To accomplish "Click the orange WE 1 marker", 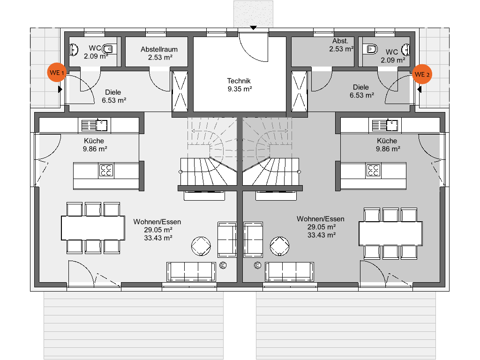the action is click(57, 73).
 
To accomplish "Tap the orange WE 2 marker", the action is click(422, 74).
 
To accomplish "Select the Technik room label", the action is click(239, 81).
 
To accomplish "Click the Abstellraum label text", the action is click(159, 49).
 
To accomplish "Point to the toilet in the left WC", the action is click(108, 49).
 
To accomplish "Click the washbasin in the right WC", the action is click(406, 50).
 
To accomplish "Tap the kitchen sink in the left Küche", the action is click(94, 125).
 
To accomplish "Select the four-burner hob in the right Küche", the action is click(373, 171).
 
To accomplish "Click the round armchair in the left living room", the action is click(201, 246).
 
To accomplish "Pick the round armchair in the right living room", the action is click(279, 246).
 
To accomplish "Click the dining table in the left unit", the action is click(93, 228).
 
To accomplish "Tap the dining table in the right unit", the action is click(390, 233).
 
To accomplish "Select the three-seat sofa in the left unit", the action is click(191, 271).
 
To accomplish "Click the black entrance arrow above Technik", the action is click(253, 28).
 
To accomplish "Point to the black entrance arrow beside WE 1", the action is click(60, 90).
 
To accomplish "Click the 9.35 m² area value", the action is click(240, 89).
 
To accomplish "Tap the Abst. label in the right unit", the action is click(340, 41).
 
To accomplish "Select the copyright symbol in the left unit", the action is click(223, 265).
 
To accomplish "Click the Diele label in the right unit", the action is click(360, 87).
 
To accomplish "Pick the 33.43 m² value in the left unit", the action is click(158, 238).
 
